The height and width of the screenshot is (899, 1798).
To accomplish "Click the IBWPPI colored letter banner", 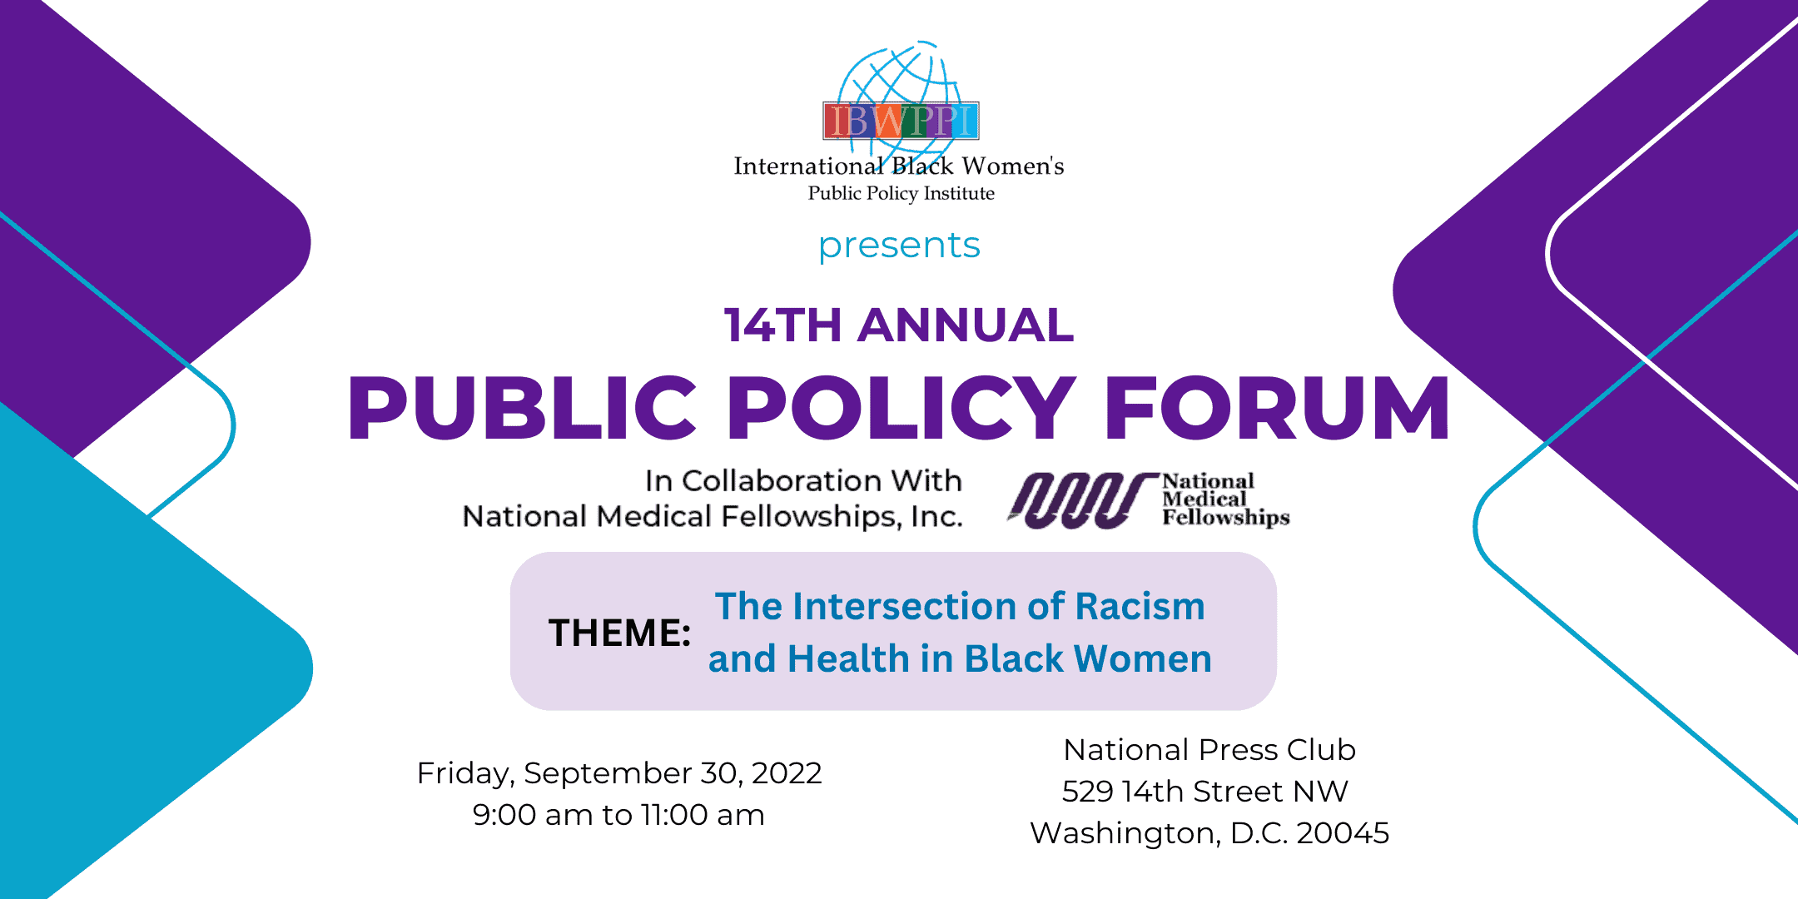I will coord(900,122).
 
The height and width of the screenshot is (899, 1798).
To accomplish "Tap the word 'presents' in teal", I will coord(899,246).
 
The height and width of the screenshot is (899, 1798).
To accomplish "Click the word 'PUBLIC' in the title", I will coord(522,408).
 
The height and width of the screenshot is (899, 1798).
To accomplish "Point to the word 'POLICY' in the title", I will coord(901,408).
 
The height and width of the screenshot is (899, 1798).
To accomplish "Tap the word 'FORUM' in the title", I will coord(1276,408).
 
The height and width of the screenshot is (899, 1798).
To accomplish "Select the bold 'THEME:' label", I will coord(619,633).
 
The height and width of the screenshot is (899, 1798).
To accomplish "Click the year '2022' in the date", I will coord(786,773).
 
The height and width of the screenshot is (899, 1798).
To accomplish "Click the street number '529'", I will coord(1087,792).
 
